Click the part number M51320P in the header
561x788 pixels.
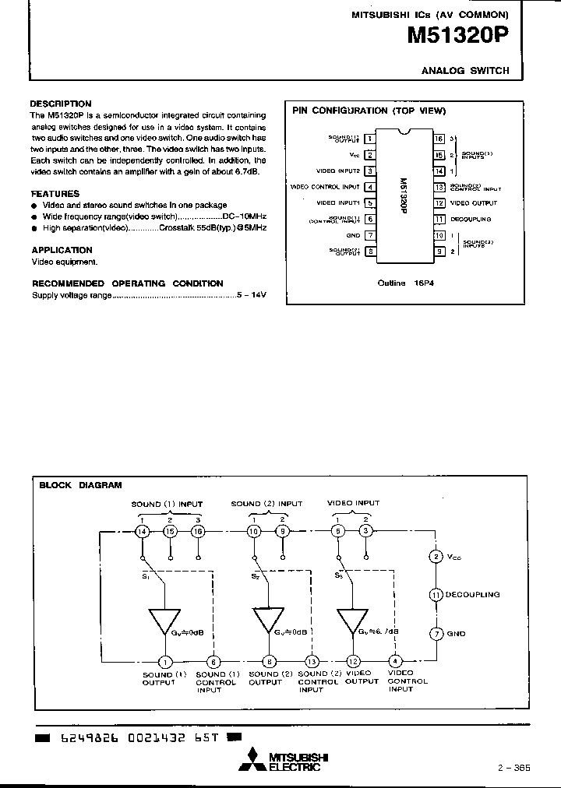458,36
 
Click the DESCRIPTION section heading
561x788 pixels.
61,104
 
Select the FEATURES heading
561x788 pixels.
55,193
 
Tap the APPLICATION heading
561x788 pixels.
62,250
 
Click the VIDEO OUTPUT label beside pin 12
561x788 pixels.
473,202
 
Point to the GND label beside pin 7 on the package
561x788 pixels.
353,234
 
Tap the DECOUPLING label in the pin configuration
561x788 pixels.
471,219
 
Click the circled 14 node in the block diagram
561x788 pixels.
143,531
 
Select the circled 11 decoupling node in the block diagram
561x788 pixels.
436,594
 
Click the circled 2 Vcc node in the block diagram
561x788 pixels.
436,556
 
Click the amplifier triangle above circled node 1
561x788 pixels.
164,621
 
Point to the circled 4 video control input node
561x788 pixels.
395,662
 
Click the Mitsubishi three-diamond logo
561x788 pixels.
253,760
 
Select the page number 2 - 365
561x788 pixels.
513,767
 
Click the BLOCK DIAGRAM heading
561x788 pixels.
80,484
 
